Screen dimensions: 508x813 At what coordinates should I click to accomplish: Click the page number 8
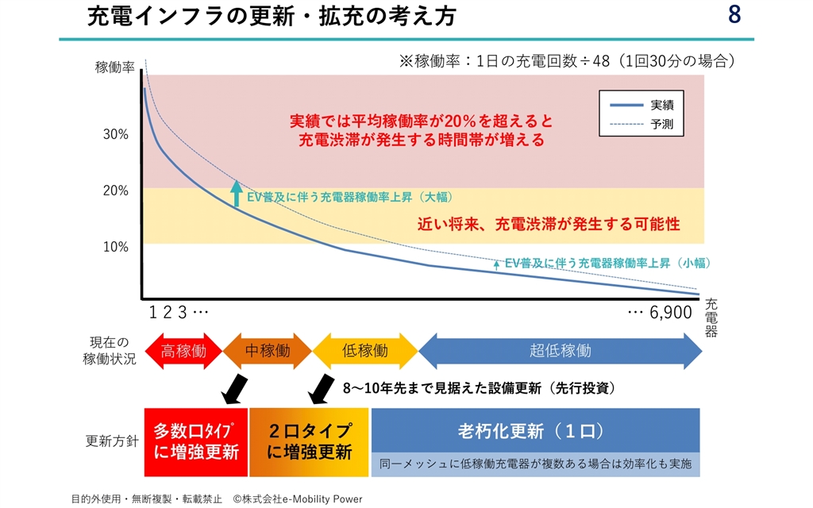[x=734, y=16]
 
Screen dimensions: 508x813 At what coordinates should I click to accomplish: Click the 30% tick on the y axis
[x=116, y=134]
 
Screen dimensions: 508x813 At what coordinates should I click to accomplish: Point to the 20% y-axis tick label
[x=116, y=190]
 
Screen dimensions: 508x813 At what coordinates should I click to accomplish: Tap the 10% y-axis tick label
[x=116, y=247]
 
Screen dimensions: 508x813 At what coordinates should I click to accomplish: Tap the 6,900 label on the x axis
[x=671, y=313]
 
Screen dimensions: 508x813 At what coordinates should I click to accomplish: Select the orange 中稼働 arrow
[x=268, y=351]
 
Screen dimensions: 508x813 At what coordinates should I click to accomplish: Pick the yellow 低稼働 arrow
[x=365, y=351]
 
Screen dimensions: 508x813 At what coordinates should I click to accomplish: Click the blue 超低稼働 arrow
[x=561, y=351]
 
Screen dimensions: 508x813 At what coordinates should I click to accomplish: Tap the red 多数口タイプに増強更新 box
[x=196, y=442]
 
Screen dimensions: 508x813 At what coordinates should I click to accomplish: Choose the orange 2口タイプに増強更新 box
[x=310, y=442]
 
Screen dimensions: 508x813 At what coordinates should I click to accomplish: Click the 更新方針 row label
[x=111, y=442]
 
